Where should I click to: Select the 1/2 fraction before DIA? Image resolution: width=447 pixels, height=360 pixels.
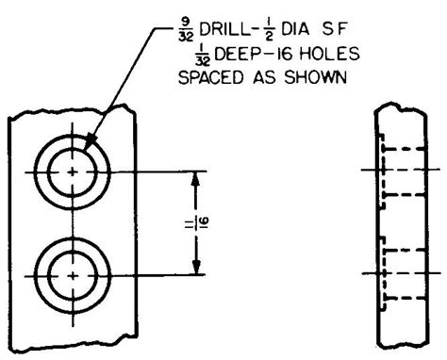click(270, 32)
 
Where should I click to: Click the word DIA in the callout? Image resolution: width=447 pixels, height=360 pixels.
click(295, 30)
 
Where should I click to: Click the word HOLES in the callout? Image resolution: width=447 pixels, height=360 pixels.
click(329, 54)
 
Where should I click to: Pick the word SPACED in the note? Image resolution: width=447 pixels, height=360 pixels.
click(211, 77)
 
